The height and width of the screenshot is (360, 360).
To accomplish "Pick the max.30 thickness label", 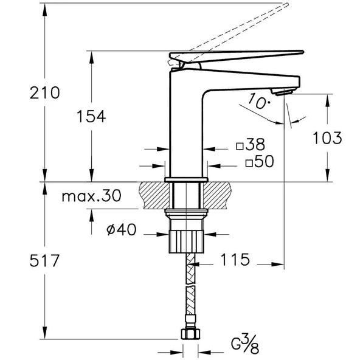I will pyautogui.click(x=91, y=196).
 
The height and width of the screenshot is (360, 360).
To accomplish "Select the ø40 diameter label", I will pyautogui.click(x=120, y=230).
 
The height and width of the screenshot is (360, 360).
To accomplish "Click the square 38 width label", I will pyautogui.click(x=251, y=145).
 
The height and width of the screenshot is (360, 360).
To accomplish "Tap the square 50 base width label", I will pyautogui.click(x=260, y=162).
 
